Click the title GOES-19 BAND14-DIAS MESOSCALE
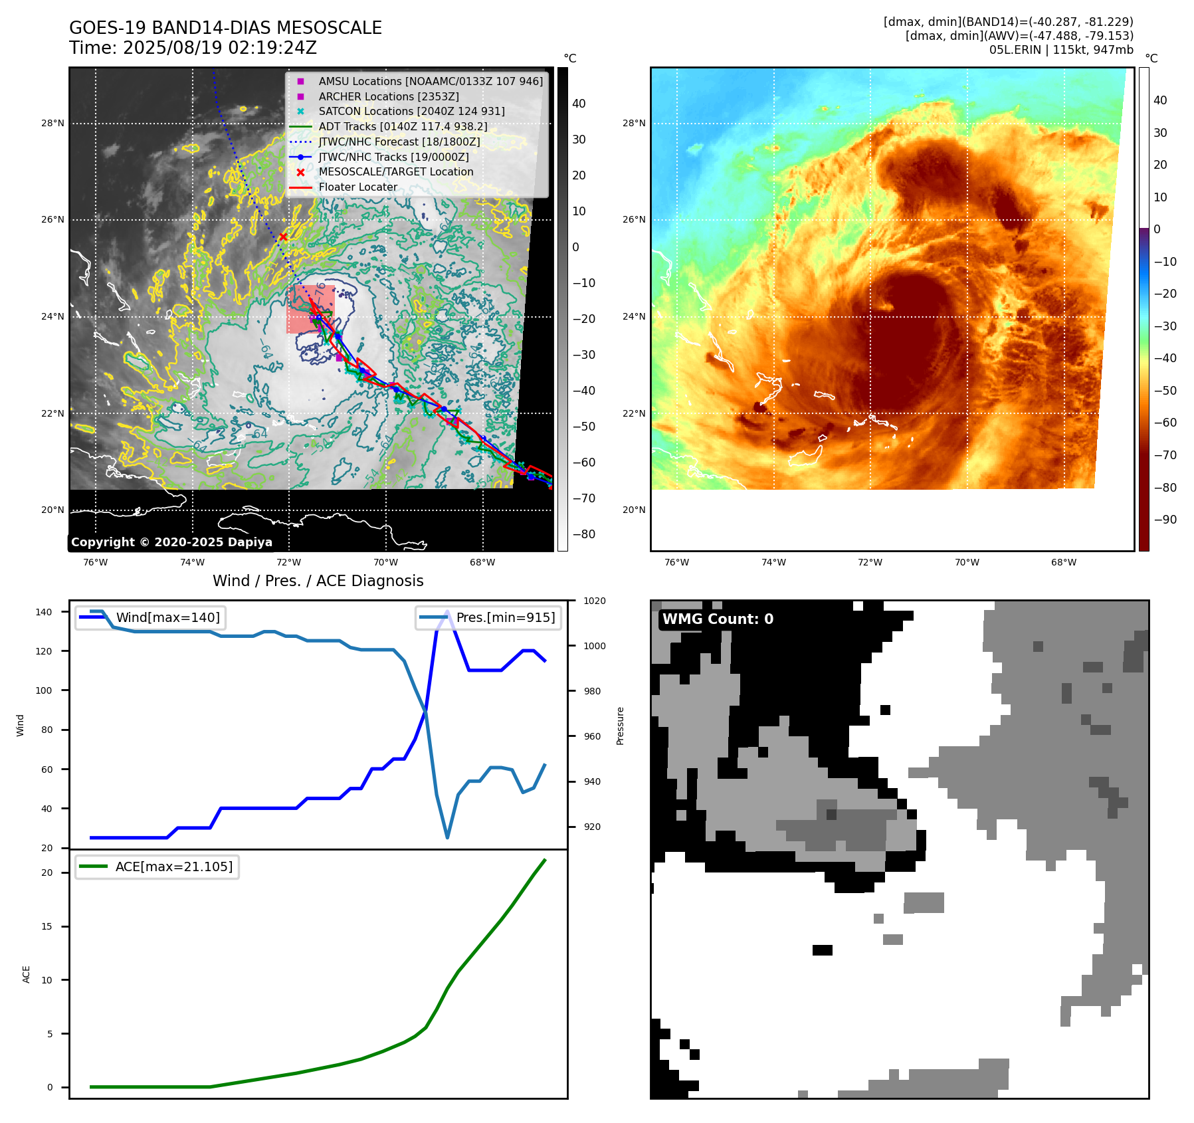(x=225, y=28)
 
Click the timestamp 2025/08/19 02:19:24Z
(x=220, y=48)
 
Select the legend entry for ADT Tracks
(x=403, y=126)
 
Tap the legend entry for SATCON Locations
(x=411, y=111)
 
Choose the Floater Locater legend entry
(x=357, y=187)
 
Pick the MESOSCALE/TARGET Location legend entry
(x=395, y=171)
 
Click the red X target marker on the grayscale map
(x=283, y=237)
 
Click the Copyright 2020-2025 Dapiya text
(x=171, y=542)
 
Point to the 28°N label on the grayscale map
(x=53, y=123)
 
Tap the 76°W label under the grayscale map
(x=96, y=562)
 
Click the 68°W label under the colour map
(x=1063, y=562)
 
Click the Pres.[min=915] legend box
(x=488, y=617)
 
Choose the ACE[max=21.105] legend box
(x=157, y=867)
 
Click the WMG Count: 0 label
(x=718, y=619)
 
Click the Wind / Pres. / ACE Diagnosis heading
(x=318, y=581)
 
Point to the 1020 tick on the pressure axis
(x=594, y=601)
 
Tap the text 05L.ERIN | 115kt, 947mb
(x=1060, y=50)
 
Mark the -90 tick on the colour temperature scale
(x=1165, y=520)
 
